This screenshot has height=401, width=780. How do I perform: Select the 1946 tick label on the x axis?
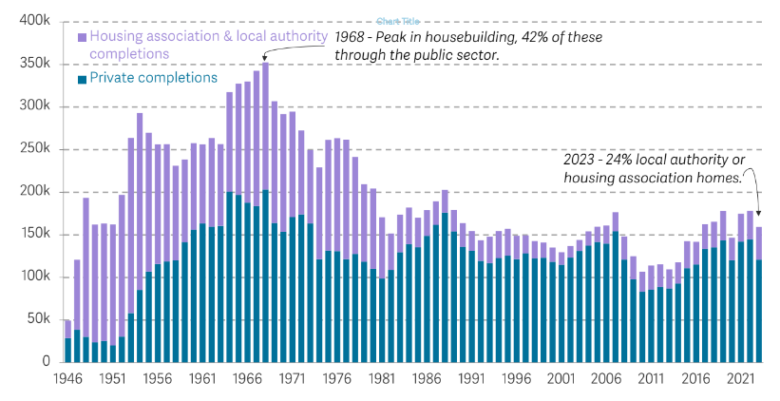click(67, 378)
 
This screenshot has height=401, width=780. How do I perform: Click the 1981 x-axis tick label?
click(383, 378)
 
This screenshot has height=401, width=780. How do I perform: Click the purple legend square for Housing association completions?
click(82, 37)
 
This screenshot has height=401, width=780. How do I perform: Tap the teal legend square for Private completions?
click(82, 79)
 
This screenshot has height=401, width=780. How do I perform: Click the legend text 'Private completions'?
click(153, 78)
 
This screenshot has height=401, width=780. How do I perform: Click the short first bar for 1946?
click(67, 342)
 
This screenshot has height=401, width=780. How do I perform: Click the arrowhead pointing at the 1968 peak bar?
click(265, 60)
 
